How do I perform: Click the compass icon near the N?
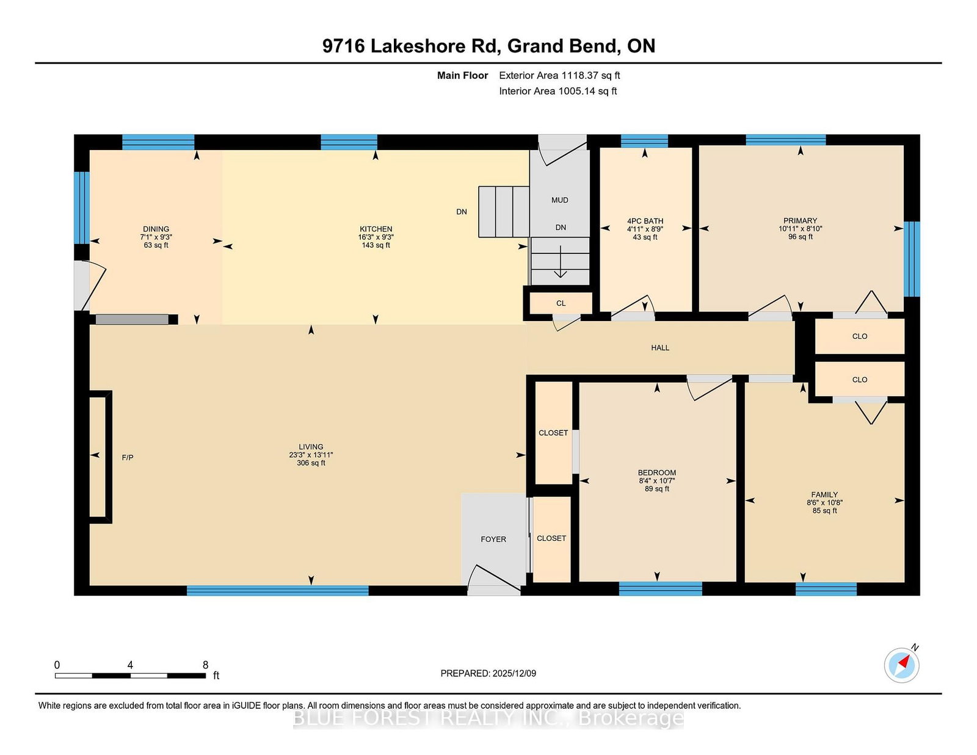pyautogui.click(x=901, y=665)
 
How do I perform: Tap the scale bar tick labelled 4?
pyautogui.click(x=130, y=665)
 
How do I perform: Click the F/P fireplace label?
pyautogui.click(x=128, y=458)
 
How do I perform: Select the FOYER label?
pyautogui.click(x=493, y=540)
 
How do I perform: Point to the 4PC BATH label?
pyautogui.click(x=645, y=221)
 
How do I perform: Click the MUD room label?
pyautogui.click(x=560, y=200)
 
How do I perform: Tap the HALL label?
pyautogui.click(x=660, y=348)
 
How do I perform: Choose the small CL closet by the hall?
pyautogui.click(x=561, y=303)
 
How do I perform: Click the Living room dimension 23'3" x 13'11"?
pyautogui.click(x=311, y=455)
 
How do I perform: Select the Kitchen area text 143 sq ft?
pyautogui.click(x=376, y=245)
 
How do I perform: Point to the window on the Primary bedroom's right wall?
pyautogui.click(x=911, y=259)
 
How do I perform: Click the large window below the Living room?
pyautogui.click(x=277, y=591)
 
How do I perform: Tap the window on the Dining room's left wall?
pyautogui.click(x=82, y=208)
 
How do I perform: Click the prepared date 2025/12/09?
pyautogui.click(x=514, y=673)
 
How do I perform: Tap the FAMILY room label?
pyautogui.click(x=824, y=495)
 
